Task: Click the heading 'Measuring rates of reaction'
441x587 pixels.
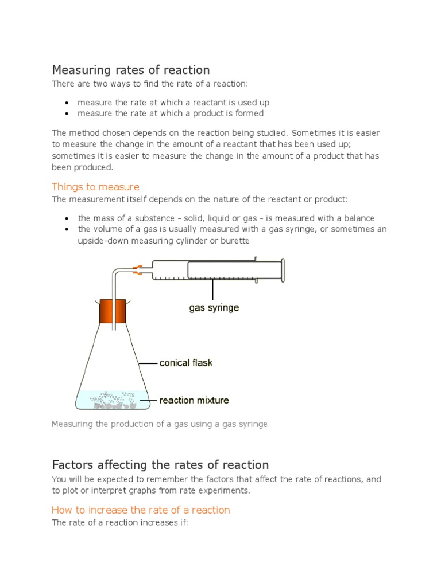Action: point(131,70)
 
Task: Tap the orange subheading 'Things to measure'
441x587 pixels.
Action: point(95,187)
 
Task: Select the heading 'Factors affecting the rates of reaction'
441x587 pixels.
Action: point(160,464)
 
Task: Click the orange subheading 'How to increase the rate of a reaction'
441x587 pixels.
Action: point(141,510)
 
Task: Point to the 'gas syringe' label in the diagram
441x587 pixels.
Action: point(214,308)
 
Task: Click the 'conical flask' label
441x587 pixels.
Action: point(185,363)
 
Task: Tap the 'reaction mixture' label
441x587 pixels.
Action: point(194,400)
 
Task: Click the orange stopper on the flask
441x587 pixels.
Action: point(113,311)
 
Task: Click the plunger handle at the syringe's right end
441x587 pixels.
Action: point(282,270)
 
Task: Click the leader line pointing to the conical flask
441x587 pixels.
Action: point(148,363)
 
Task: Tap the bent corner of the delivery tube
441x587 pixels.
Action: point(115,274)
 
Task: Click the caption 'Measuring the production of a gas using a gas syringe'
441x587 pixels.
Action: point(160,424)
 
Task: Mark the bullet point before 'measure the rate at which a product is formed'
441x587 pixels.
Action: point(67,114)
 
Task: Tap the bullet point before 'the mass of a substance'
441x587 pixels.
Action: point(67,218)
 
